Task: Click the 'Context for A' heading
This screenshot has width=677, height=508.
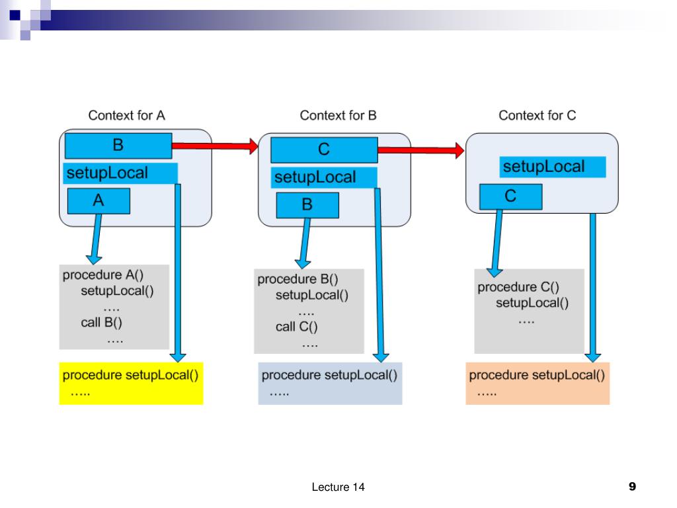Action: coord(126,115)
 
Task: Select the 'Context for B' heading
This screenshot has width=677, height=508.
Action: coord(338,115)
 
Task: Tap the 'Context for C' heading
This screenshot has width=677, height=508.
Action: coord(537,115)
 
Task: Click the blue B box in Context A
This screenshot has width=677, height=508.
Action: coord(118,146)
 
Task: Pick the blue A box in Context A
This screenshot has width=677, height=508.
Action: coord(99,201)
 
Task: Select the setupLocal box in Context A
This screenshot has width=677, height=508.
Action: coord(120,173)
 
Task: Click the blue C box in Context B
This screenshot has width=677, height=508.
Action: coord(324,150)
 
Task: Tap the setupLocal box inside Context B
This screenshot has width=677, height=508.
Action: coord(324,177)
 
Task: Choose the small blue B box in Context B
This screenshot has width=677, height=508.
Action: coord(307,205)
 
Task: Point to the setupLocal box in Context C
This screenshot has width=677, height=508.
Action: coord(553,167)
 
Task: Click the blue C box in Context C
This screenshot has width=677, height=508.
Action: coord(511,196)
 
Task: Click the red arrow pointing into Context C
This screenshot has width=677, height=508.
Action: coord(421,150)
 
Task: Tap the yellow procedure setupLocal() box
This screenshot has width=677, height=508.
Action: coord(132,384)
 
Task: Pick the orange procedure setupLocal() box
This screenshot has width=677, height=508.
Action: coord(538,384)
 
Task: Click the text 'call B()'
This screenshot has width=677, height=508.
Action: coord(101,323)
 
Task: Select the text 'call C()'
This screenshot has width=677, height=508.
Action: coord(297,327)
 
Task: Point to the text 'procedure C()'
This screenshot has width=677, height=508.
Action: coord(518,287)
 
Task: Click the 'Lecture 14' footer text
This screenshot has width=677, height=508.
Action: coord(338,487)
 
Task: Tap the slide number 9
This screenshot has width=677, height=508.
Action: coord(633,487)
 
